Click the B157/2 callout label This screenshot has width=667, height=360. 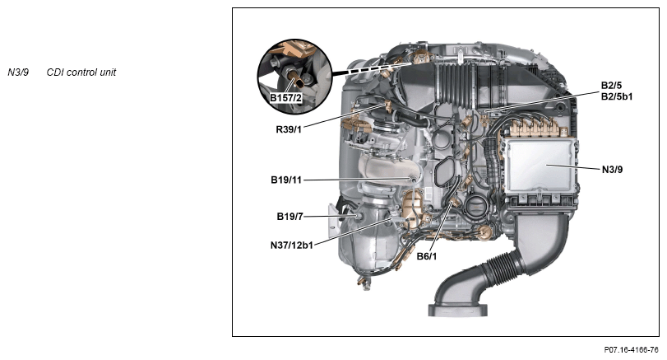pos(286,98)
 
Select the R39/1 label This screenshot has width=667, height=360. pos(289,129)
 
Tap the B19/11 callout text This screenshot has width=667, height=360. pos(286,180)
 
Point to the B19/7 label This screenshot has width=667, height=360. pos(289,217)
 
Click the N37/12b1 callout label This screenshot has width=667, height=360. pos(291,245)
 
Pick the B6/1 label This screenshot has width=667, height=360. pos(426,256)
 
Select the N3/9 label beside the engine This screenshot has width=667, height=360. pos(612,170)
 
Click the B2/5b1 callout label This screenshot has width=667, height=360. pos(616,96)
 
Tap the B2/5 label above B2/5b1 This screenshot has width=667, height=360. pos(611,86)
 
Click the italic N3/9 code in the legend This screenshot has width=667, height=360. pos(18,72)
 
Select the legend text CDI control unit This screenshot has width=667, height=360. pos(81,72)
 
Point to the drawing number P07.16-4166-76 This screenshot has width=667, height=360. pos(631,350)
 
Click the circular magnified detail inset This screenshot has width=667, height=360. pos(294,77)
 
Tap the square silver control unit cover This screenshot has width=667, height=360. pos(540,165)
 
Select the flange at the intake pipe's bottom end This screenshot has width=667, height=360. pos(457,309)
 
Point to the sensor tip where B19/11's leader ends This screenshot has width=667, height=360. pos(413,180)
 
